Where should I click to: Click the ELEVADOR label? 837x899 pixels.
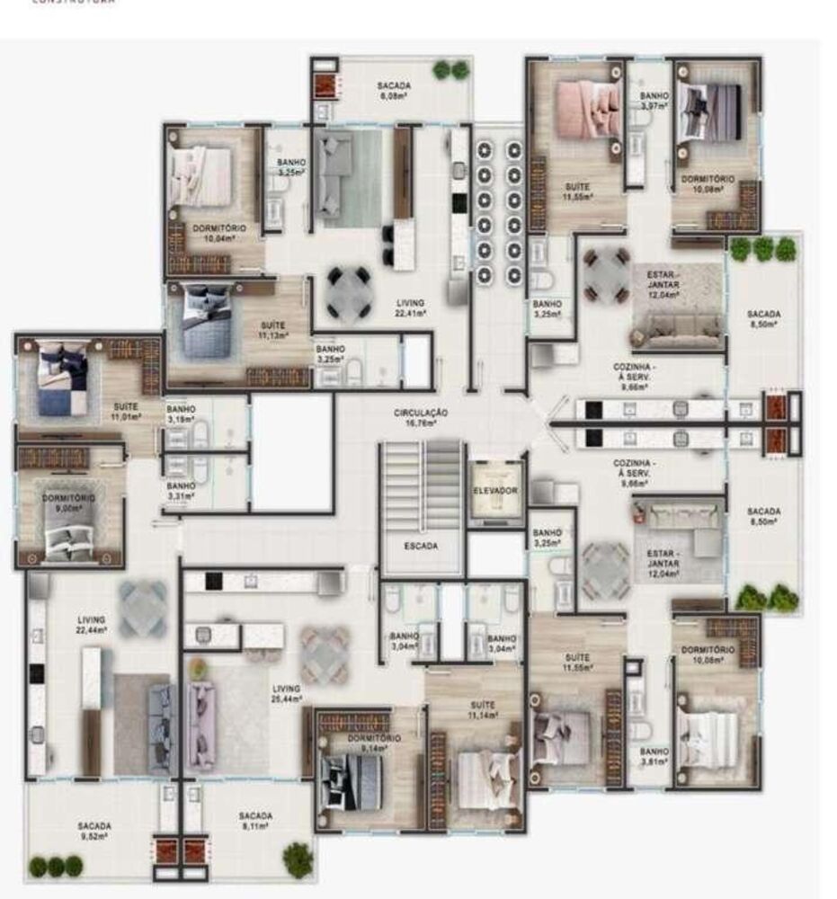click(495, 491)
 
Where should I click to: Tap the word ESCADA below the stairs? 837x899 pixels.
click(421, 545)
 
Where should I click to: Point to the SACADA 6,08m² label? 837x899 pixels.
click(394, 90)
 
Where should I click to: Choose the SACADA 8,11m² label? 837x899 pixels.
click(255, 821)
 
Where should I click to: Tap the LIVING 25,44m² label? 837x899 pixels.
click(287, 692)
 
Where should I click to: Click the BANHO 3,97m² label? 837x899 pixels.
click(654, 101)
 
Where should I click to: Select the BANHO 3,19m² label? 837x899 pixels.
click(181, 414)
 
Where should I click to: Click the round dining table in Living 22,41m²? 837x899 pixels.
click(346, 292)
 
